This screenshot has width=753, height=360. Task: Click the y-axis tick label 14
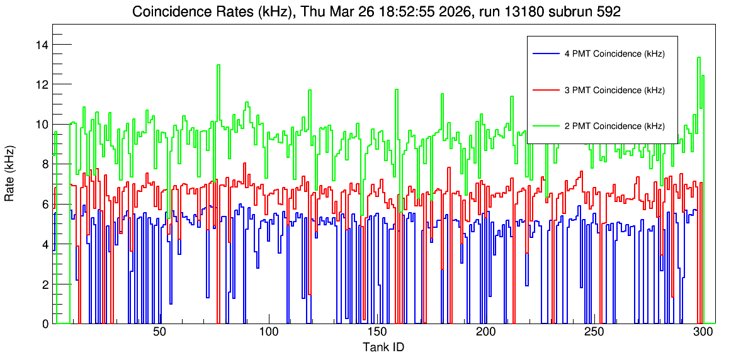(x=42, y=45)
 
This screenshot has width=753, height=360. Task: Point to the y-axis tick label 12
(x=42, y=84)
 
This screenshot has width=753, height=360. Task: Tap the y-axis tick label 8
(x=45, y=164)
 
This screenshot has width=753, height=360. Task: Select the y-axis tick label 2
(x=45, y=284)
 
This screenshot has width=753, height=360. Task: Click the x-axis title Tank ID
(x=383, y=347)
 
